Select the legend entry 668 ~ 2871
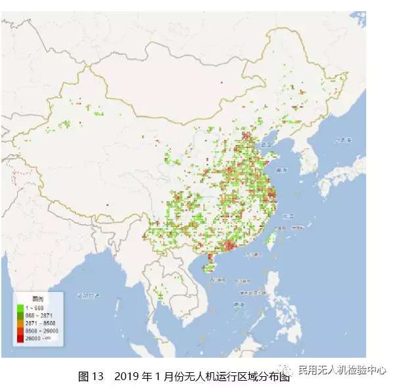point(37,315)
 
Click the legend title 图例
point(30,299)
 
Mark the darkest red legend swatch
point(20,339)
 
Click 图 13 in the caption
point(91,377)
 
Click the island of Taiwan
point(270,237)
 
